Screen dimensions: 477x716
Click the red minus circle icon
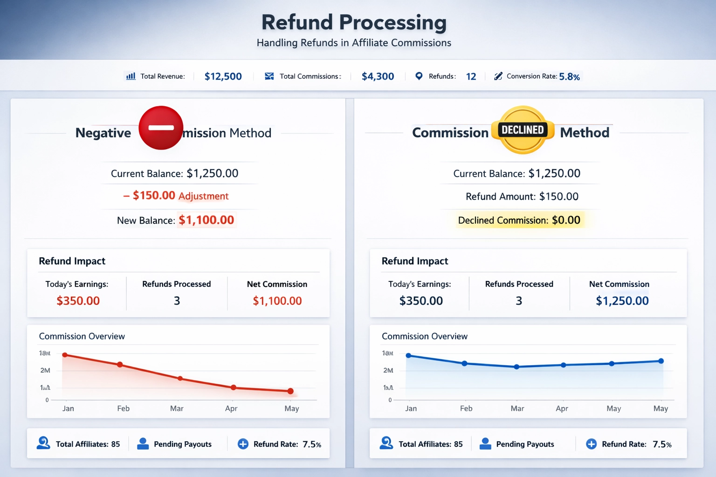click(x=161, y=128)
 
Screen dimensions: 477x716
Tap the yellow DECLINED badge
click(x=523, y=130)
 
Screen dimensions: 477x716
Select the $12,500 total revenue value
click(x=223, y=76)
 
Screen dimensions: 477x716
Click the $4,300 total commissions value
click(x=378, y=76)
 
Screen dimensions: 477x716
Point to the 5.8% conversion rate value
click(x=569, y=77)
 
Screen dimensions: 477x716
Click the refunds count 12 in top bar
click(x=471, y=76)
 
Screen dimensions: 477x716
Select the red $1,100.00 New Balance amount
click(x=206, y=220)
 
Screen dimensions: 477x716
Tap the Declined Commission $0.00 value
click(x=566, y=220)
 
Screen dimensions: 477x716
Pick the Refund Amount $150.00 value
click(x=558, y=197)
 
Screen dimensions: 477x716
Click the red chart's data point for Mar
click(x=180, y=378)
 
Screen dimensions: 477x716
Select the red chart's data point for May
click(x=290, y=391)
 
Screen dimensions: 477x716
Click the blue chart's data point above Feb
click(x=464, y=363)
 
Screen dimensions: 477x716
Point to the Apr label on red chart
click(x=231, y=409)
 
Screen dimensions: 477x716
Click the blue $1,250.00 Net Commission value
click(x=622, y=301)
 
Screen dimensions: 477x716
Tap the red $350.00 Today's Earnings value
click(x=78, y=301)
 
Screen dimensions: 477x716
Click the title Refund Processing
click(x=354, y=22)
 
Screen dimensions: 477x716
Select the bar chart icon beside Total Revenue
click(x=131, y=76)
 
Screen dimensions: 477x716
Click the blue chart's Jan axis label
click(x=411, y=409)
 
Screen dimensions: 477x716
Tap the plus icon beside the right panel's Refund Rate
click(x=591, y=444)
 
